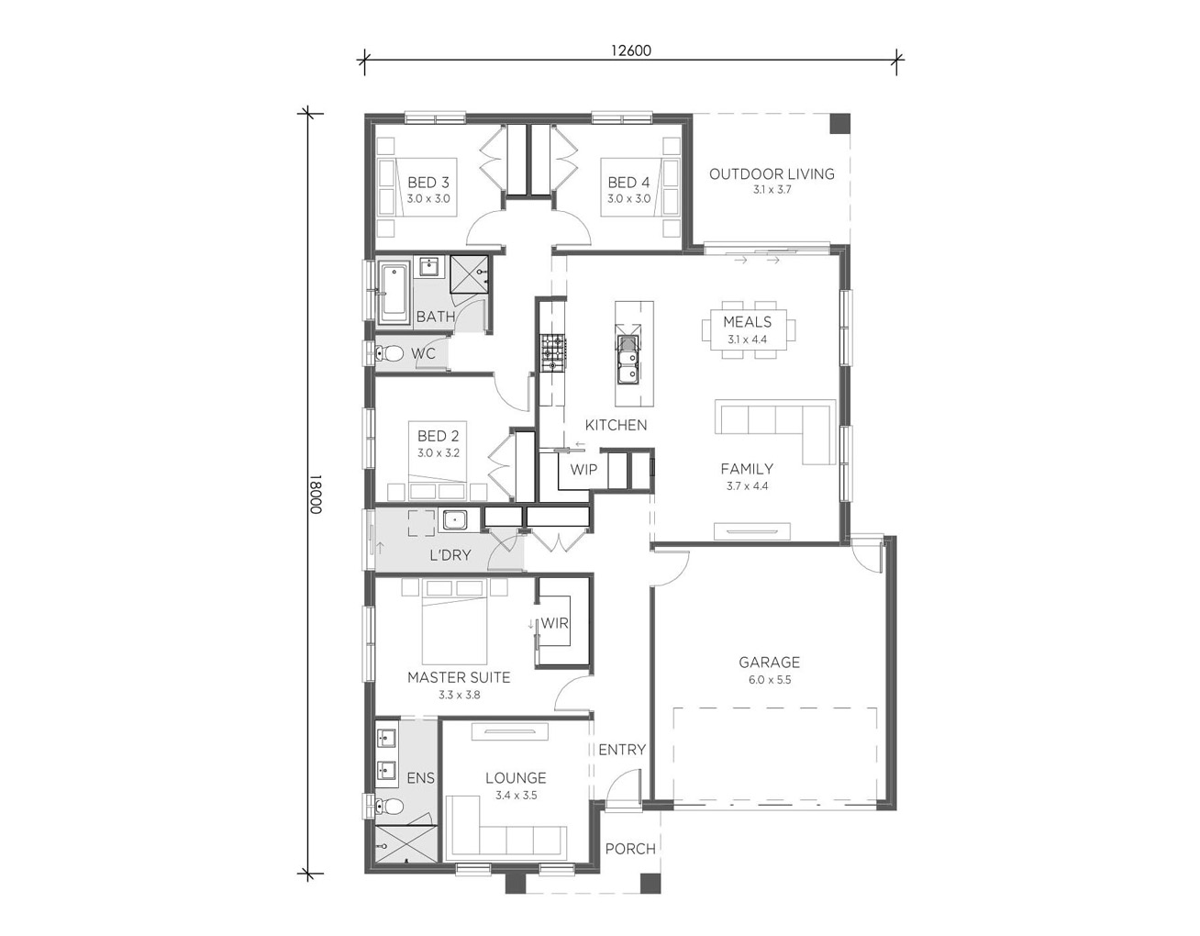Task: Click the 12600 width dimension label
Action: point(630,50)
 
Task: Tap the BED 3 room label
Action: point(428,183)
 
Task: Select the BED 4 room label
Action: point(629,183)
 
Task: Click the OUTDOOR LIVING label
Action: point(772,174)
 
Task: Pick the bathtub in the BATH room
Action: point(394,294)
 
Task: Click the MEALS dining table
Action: point(749,330)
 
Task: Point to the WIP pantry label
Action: point(583,470)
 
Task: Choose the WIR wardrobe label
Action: point(554,623)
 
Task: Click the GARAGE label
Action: point(769,663)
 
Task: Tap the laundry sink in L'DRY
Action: point(453,520)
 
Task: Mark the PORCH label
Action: point(630,849)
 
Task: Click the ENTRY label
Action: point(622,750)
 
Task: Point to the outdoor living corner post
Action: point(840,123)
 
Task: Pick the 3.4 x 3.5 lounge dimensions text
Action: point(517,796)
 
